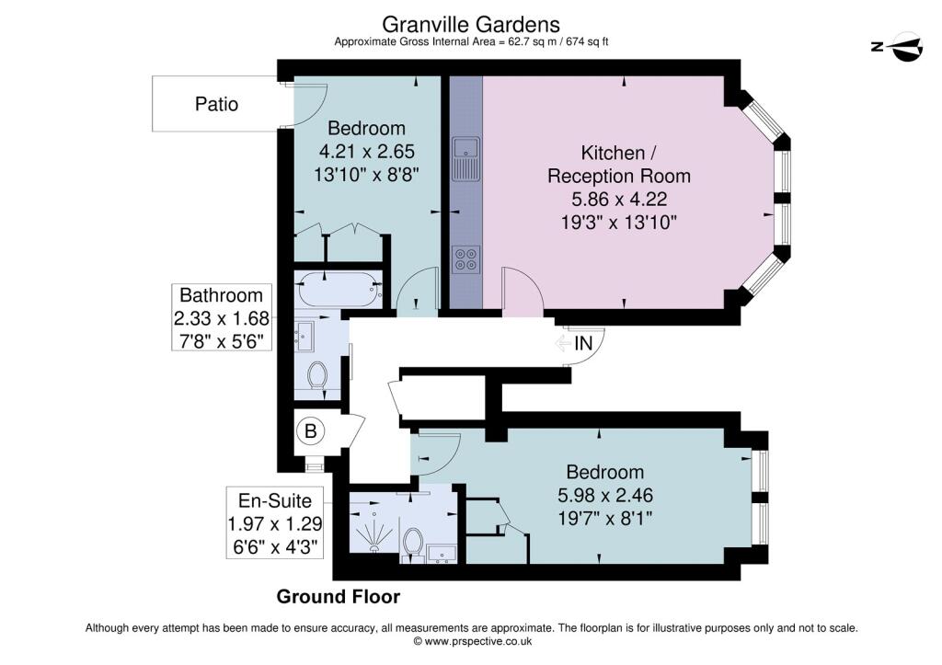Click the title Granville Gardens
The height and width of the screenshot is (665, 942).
pos(471,25)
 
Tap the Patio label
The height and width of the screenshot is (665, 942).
pos(216,104)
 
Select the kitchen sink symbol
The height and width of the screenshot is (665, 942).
pos(465,158)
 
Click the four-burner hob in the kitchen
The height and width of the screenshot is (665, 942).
pos(465,258)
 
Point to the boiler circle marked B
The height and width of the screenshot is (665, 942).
pos(311,430)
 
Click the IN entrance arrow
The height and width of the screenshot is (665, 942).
pos(563,344)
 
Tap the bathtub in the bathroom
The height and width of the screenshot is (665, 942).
pos(339,289)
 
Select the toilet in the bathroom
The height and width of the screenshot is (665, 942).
pos(316,374)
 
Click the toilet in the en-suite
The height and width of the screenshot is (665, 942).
pos(413,543)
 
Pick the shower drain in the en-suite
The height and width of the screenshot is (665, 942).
pos(374,547)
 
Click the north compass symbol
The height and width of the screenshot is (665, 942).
pos(898,46)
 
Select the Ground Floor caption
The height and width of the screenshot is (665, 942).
pos(339,597)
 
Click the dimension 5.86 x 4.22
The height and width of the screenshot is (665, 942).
pos(619,199)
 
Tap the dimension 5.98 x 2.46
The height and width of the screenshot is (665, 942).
pos(605,495)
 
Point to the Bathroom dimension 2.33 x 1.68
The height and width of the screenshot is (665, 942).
pos(221,318)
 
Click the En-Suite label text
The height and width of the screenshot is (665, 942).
pos(274,500)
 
